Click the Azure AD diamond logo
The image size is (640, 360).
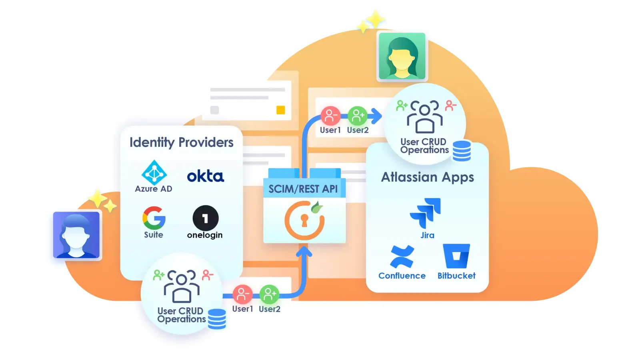point(154,173)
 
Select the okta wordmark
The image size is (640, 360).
point(206,176)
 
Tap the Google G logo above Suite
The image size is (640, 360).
point(154,218)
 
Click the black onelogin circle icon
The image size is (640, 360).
point(205,218)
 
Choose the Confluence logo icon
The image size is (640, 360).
point(402,257)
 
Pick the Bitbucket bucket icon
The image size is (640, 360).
point(456,256)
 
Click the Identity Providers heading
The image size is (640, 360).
point(181,142)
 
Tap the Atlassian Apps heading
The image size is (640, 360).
point(427,177)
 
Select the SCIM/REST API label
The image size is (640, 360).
point(303,189)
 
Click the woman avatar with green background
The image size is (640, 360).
point(402,56)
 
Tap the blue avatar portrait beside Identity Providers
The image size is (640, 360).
point(76,235)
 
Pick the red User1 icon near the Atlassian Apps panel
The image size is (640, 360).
point(330,116)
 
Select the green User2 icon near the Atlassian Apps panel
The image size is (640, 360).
point(357,116)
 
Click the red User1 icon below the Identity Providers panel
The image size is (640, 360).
point(242,295)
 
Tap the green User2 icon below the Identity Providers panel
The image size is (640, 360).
point(269,295)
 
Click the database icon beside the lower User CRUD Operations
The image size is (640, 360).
point(217,319)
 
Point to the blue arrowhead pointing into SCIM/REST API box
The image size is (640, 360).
point(304,252)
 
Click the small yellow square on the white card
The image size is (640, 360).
point(281,110)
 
